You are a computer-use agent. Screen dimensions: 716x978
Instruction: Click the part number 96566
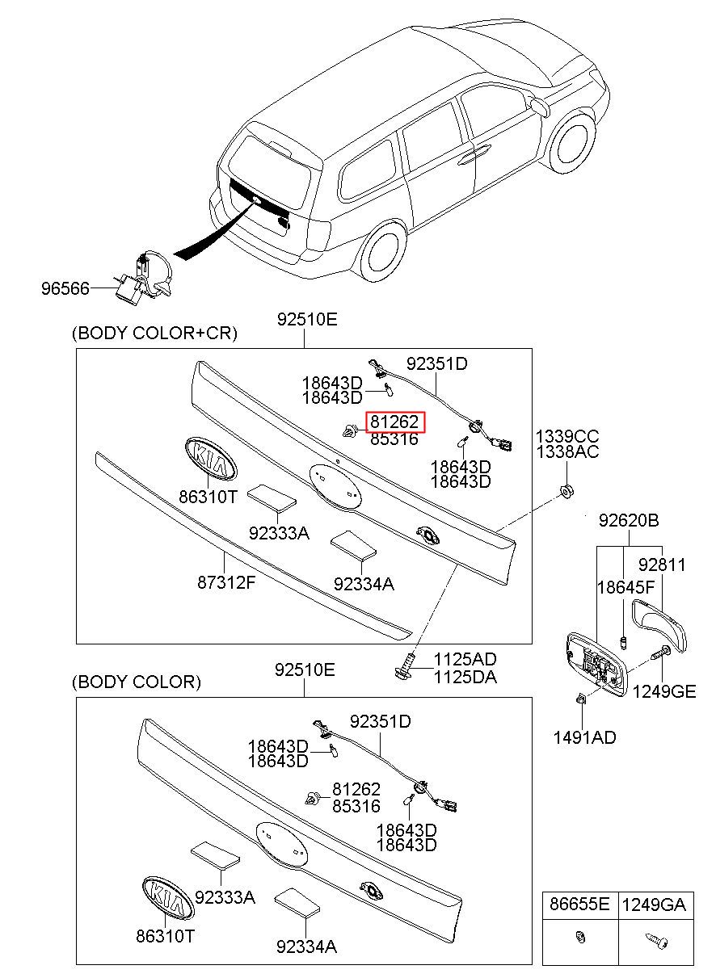pos(65,288)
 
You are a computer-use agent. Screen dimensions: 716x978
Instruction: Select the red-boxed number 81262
pos(395,422)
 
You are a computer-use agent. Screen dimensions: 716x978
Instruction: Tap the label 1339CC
pos(567,436)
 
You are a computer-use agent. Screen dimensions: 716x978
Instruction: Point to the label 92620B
pos(629,520)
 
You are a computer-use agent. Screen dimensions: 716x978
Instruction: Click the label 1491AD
pos(584,737)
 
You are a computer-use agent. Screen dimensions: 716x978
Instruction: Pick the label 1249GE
pos(664,691)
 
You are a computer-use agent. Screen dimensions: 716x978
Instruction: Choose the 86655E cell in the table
pos(579,905)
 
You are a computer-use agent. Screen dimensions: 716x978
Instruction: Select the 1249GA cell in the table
pos(656,905)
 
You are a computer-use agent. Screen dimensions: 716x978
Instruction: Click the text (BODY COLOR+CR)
pos(154,333)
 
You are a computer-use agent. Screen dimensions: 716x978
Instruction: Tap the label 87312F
pos(225,582)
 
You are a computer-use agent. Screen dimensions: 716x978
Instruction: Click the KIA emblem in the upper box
pos(210,459)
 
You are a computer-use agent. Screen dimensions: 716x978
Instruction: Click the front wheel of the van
pos(572,142)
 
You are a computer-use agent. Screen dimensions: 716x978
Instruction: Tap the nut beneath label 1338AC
pos(566,492)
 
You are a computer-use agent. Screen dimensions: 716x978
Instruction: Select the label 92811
pos(662,565)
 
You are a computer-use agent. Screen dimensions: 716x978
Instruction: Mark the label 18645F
pos(626,588)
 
